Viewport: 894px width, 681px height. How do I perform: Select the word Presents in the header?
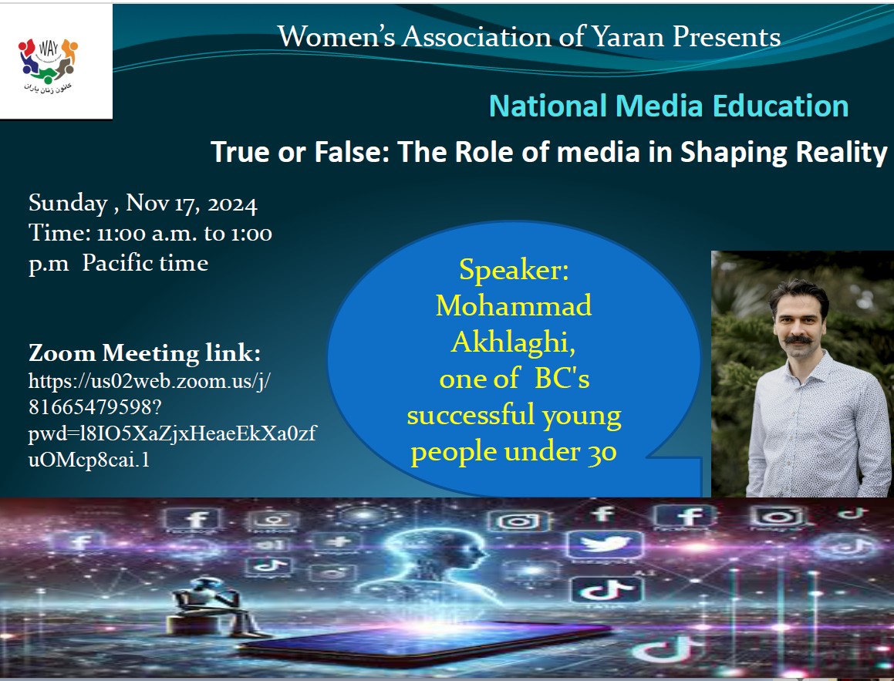tap(727, 37)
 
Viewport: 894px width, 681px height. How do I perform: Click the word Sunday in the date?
tap(68, 204)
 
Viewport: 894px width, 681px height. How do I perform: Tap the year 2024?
tap(232, 204)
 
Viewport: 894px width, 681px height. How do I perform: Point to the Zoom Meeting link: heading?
tap(144, 353)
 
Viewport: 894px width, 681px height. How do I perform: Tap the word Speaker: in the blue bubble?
tap(514, 270)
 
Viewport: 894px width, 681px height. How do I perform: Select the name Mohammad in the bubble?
tap(513, 305)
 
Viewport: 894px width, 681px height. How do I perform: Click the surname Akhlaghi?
tap(513, 342)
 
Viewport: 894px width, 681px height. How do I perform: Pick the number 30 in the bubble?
tap(602, 453)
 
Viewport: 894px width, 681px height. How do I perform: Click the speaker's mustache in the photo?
tap(799, 339)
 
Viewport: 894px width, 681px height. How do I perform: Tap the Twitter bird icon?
tap(605, 544)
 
